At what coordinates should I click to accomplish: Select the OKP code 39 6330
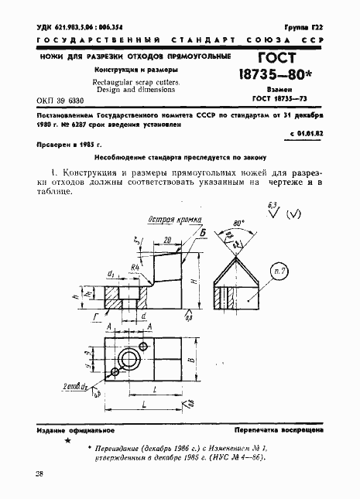[63, 101]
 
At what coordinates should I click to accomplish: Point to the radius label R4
[135, 268]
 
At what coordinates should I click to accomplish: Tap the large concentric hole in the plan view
[130, 357]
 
